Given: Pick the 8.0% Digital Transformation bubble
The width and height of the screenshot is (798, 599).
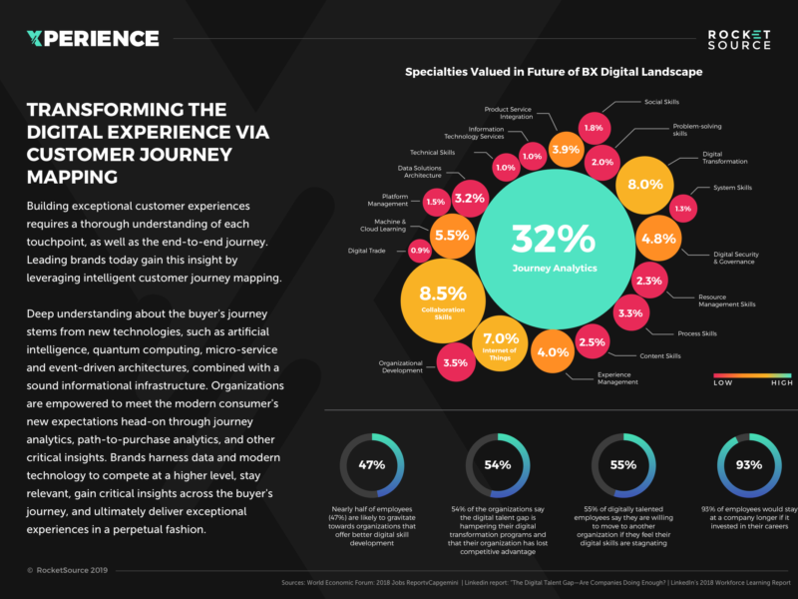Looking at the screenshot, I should coord(644,185).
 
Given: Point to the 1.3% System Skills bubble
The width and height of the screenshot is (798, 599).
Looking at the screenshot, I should coord(683,209).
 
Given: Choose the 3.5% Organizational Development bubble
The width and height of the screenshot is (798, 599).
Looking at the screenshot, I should coord(455,362).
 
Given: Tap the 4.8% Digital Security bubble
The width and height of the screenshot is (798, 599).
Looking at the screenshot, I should coord(658,239).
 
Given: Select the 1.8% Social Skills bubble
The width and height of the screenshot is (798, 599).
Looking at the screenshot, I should coord(594,128).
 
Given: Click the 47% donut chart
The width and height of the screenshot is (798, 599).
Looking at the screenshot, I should coord(372,465).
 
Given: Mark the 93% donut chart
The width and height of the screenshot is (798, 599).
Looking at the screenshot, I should coord(749,465).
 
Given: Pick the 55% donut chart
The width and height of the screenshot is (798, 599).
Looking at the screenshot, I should coord(623,465).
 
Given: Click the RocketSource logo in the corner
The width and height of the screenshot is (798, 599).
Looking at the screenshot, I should coord(739,40).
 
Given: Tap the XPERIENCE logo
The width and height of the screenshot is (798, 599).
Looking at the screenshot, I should coord(93,39).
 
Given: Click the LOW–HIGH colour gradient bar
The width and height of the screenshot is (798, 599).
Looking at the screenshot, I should coord(753,376).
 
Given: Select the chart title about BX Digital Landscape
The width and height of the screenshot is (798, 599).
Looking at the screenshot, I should coord(553,72).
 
